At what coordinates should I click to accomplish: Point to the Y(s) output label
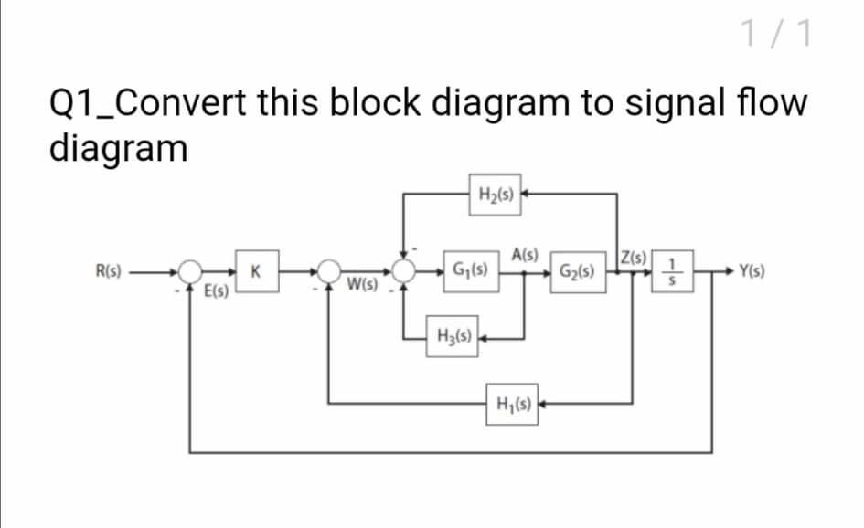click(755, 271)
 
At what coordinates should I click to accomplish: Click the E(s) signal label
click(217, 293)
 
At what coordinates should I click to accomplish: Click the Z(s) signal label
click(634, 255)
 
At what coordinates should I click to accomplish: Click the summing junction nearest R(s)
click(190, 270)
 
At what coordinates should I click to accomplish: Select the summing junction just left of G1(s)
click(404, 270)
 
